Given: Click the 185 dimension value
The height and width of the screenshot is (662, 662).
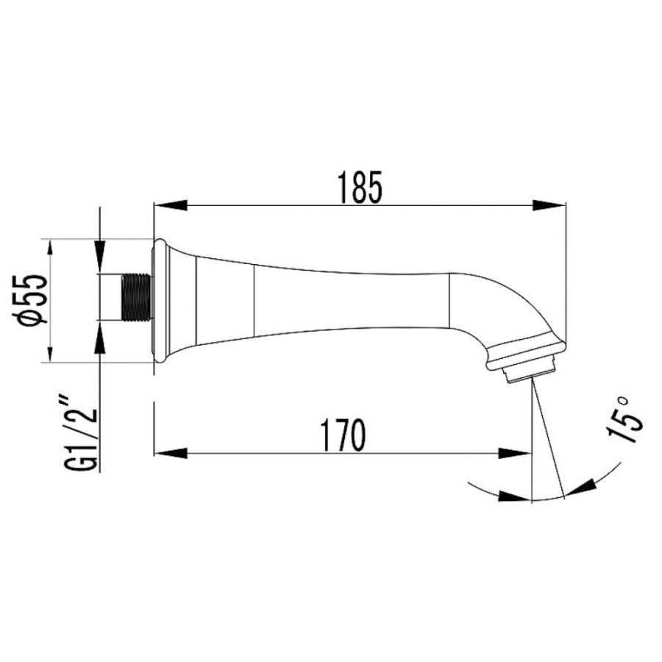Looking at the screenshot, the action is click(x=360, y=187).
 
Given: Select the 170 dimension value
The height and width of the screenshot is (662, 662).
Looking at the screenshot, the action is click(x=342, y=435).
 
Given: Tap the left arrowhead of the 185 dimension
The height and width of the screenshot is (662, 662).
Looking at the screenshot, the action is click(x=170, y=206).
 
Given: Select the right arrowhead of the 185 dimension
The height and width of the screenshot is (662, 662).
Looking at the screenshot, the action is click(x=549, y=206).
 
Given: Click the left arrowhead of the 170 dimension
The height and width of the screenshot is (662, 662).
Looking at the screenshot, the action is click(x=170, y=453).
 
